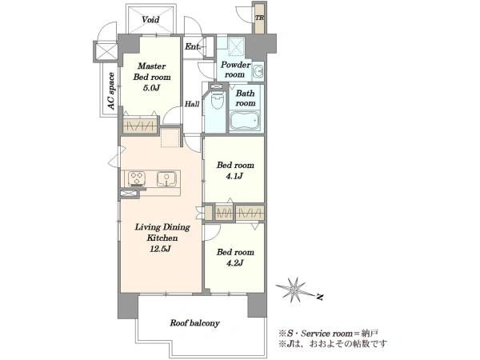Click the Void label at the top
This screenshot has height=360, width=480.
(x=150, y=20)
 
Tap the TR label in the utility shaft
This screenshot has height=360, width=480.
(x=259, y=18)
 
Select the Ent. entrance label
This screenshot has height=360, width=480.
(x=192, y=47)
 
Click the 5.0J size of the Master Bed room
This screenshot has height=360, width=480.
(x=151, y=88)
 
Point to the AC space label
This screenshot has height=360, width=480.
(x=111, y=91)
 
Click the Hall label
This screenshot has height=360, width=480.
(x=192, y=104)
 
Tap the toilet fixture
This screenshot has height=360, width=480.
(x=218, y=98)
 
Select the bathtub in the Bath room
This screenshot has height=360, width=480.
(x=246, y=120)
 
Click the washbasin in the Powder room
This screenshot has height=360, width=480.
(x=258, y=71)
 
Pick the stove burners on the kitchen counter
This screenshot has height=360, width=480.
(x=137, y=179)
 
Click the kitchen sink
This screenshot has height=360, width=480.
(x=166, y=179)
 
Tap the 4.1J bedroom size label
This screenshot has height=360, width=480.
(x=234, y=176)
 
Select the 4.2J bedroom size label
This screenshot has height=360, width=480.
(x=234, y=262)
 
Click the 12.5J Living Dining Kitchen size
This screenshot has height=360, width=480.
(x=160, y=249)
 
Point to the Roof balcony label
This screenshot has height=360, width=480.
(x=194, y=323)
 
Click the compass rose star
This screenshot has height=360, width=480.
(x=294, y=288)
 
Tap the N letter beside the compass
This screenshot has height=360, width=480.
(x=320, y=297)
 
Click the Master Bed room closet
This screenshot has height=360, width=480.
(x=141, y=125)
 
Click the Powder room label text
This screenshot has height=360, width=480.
(x=235, y=70)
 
